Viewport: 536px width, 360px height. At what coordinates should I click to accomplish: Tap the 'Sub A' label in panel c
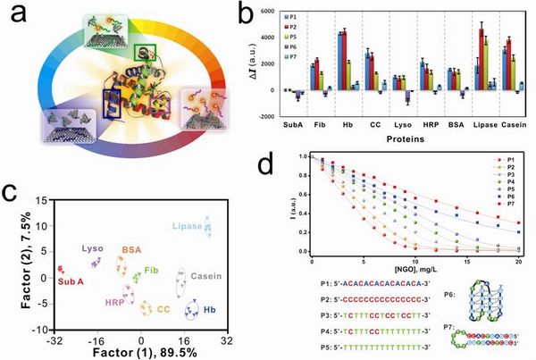[x=73, y=280]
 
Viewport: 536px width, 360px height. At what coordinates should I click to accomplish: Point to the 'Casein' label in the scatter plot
[x=203, y=277]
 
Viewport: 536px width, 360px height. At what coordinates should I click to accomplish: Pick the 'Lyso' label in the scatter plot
[x=93, y=248]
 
